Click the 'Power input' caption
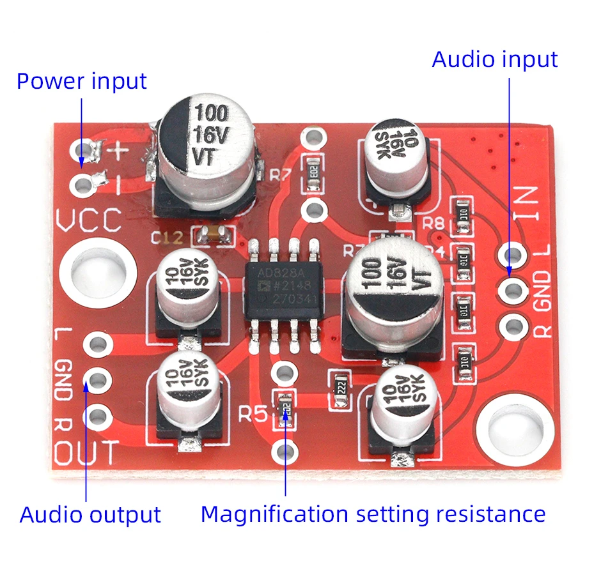pyautogui.click(x=81, y=81)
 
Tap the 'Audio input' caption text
pyautogui.click(x=495, y=59)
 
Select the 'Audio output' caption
pyautogui.click(x=90, y=515)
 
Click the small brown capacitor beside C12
pyautogui.click(x=212, y=236)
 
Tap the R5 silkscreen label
pyautogui.click(x=253, y=415)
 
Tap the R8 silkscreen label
pyautogui.click(x=434, y=223)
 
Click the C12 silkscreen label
pyautogui.click(x=168, y=238)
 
